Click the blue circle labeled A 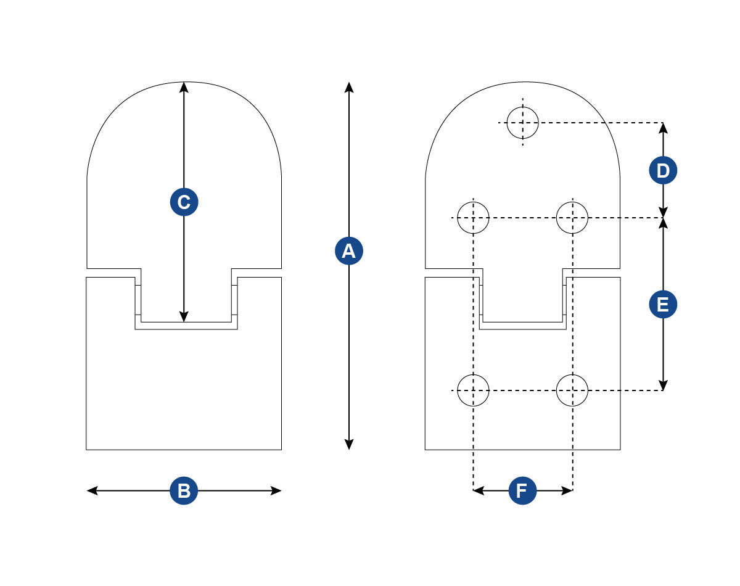click(349, 251)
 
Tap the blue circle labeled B click(184, 491)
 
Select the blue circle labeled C click(184, 202)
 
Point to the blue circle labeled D click(663, 171)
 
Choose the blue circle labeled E click(663, 305)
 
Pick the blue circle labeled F click(522, 491)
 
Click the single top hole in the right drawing click(522, 122)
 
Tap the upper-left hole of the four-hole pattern click(473, 217)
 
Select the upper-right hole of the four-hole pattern click(572, 217)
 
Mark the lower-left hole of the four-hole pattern click(473, 390)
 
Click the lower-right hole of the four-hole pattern click(572, 390)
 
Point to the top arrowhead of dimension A click(349, 86)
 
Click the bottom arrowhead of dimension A click(349, 445)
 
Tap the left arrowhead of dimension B click(92, 491)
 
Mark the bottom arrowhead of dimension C click(184, 317)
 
